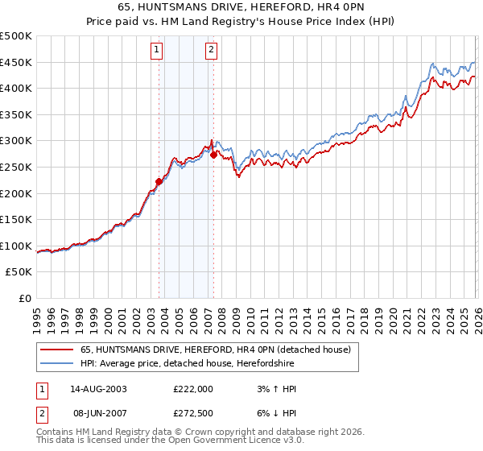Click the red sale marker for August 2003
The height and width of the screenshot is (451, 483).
click(x=159, y=182)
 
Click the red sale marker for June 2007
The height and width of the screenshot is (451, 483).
click(x=213, y=155)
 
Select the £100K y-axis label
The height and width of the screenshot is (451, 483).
click(x=16, y=246)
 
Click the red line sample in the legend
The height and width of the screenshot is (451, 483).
click(x=57, y=350)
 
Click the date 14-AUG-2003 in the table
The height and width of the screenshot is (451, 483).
click(x=98, y=389)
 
